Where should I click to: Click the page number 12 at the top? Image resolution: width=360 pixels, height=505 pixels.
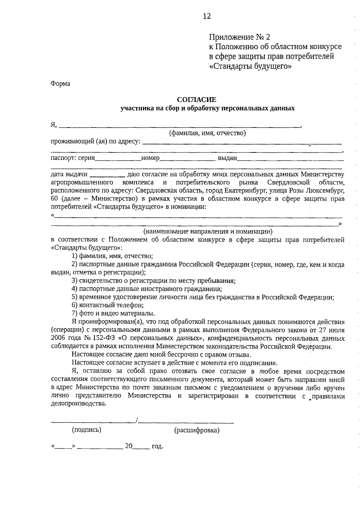click(207, 16)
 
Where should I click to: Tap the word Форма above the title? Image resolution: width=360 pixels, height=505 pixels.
click(60, 84)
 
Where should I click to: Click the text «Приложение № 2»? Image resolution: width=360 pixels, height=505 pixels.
click(239, 37)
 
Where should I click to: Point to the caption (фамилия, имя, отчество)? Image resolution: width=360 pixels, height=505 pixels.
click(207, 133)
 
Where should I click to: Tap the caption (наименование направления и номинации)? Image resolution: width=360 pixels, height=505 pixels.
click(208, 231)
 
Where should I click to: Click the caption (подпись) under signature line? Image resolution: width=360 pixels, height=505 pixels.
click(87, 430)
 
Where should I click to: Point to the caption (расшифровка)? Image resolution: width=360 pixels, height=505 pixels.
click(197, 430)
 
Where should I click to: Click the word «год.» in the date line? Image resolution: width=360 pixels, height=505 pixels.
click(157, 446)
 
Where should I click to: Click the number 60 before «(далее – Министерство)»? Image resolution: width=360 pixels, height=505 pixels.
click(55, 199)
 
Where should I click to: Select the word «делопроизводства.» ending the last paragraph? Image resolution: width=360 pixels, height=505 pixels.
click(79, 404)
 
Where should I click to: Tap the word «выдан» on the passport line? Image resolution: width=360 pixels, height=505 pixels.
click(227, 158)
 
